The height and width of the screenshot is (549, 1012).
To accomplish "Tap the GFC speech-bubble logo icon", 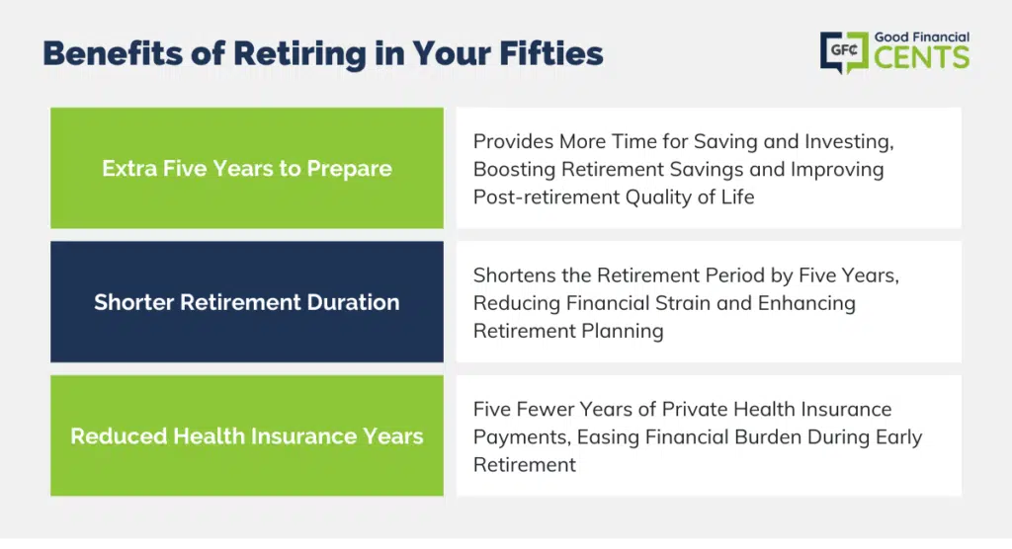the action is tap(844, 52).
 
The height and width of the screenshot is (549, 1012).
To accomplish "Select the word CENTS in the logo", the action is tap(922, 57).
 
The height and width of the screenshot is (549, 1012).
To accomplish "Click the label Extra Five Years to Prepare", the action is tap(247, 169).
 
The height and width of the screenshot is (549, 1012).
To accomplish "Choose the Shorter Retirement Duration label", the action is tap(247, 302).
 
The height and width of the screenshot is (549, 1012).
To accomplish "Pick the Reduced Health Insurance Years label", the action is tap(247, 436).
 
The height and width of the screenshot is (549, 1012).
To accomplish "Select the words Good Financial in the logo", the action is tap(922, 38).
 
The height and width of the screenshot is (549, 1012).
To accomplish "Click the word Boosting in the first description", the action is tap(514, 170).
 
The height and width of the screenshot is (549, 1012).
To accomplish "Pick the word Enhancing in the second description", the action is tap(806, 303).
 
